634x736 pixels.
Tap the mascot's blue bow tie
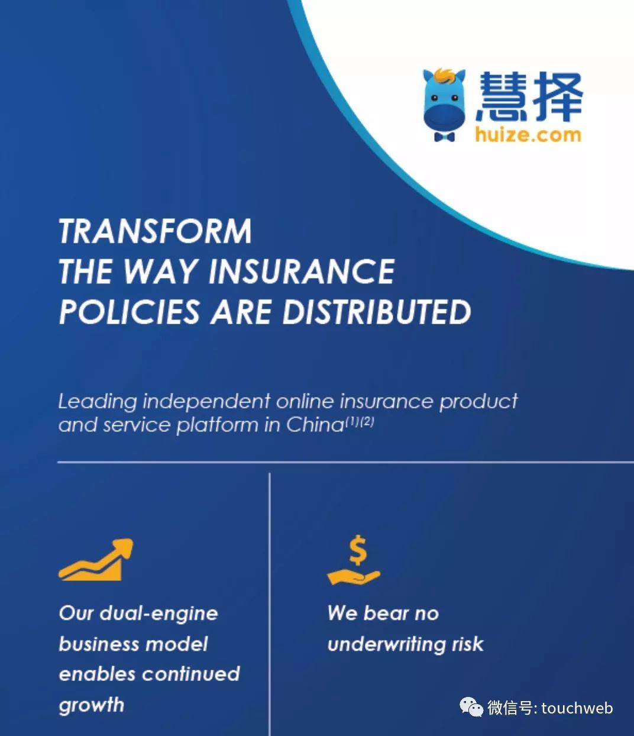(x=444, y=137)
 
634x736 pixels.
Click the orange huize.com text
(x=528, y=135)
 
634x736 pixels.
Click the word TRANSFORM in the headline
(x=155, y=231)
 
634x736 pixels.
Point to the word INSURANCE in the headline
(x=302, y=272)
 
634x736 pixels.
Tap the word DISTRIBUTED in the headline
(x=377, y=312)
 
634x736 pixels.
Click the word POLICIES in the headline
(x=129, y=312)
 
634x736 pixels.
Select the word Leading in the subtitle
(x=98, y=402)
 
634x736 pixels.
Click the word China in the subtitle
(x=315, y=425)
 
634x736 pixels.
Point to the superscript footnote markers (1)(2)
(x=360, y=422)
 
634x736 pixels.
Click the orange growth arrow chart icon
(x=96, y=559)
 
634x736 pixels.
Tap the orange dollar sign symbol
(x=357, y=550)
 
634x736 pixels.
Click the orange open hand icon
(x=353, y=576)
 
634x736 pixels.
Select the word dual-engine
(x=158, y=614)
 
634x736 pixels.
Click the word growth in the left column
(x=92, y=705)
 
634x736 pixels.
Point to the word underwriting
(x=383, y=644)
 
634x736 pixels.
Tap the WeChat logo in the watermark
(x=471, y=707)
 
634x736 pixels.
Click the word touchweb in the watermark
(x=577, y=708)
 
